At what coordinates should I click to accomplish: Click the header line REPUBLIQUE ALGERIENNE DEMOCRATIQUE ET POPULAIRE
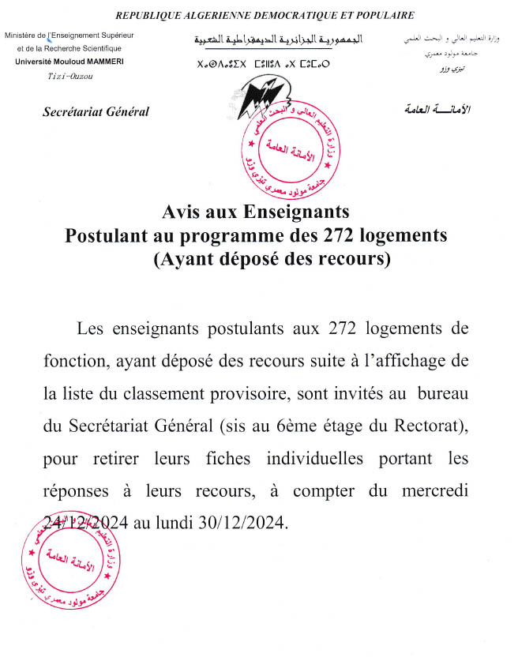[x=265, y=15]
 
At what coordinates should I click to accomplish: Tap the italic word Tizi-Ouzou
[x=70, y=76]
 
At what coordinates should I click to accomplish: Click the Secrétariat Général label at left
[x=96, y=111]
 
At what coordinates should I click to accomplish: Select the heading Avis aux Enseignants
[x=255, y=212]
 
